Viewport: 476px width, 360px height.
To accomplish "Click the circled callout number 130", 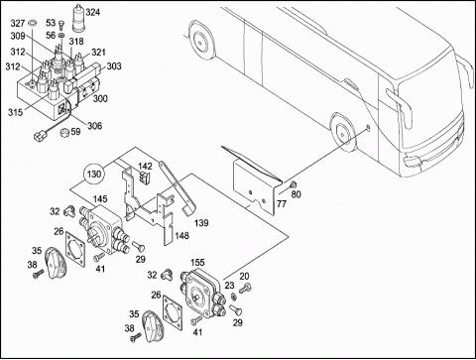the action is (x=94, y=174).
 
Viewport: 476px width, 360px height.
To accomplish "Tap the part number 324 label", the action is (x=92, y=13).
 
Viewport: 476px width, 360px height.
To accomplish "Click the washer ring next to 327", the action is (x=33, y=23).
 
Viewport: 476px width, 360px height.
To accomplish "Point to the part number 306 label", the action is (x=95, y=126).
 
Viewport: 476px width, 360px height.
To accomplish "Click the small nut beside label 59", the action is (x=64, y=133).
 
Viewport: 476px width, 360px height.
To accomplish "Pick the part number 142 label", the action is (x=145, y=166).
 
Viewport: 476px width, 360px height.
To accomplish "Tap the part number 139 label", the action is (x=201, y=223).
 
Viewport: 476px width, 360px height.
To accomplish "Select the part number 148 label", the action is (x=182, y=235).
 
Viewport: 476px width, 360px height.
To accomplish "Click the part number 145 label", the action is (x=100, y=199).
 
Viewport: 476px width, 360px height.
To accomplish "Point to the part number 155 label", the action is (x=197, y=263).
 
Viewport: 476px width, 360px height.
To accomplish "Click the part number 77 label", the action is (x=282, y=204).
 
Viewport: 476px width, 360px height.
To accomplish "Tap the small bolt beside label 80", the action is (x=292, y=184).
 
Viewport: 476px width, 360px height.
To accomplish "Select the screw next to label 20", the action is (x=245, y=288).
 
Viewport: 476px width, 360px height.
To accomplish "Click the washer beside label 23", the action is (x=233, y=297).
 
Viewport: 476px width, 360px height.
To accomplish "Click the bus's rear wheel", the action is (x=199, y=42).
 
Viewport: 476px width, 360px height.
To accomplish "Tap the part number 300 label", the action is (x=100, y=98).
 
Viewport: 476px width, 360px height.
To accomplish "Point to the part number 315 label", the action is (x=15, y=112).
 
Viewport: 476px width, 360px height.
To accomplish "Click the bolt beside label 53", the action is (x=60, y=24).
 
